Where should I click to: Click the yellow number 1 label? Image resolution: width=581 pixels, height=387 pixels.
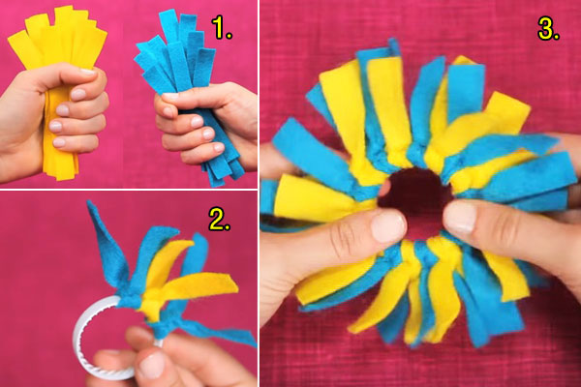coord(224,29)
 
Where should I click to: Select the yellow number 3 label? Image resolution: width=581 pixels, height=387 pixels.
coord(549,29)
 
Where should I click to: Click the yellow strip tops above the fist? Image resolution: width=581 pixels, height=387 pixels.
coord(58,39)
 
